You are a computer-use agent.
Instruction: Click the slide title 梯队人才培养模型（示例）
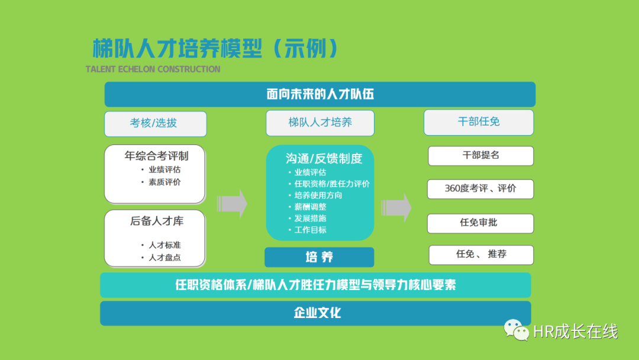coord(215,49)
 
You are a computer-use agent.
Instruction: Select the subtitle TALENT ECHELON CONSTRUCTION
coord(153,69)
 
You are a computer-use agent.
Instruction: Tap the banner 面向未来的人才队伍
coord(320,94)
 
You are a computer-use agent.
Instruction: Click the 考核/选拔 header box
coord(155,124)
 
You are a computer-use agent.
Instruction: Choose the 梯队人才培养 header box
coord(320,123)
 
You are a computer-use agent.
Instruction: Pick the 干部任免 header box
coord(479,122)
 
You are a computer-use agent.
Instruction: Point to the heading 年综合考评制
coord(156,156)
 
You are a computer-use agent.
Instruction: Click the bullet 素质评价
coord(164,182)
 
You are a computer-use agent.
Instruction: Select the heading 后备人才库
coord(156,221)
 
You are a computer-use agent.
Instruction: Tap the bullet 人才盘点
coord(164,258)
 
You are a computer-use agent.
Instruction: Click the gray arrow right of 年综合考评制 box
coord(232,204)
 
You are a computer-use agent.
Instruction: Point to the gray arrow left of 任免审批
coord(396,207)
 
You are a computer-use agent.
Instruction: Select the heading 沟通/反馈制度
coord(324,158)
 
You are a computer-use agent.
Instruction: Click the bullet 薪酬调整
coord(310,207)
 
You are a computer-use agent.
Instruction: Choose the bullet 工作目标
coord(310,230)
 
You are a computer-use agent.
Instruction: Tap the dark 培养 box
coord(319,257)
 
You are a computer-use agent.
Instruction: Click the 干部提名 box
coord(480,156)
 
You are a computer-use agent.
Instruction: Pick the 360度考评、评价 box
coord(480,189)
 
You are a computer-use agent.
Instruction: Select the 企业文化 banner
coord(315,313)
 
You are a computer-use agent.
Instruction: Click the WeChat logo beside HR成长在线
coord(517,330)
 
